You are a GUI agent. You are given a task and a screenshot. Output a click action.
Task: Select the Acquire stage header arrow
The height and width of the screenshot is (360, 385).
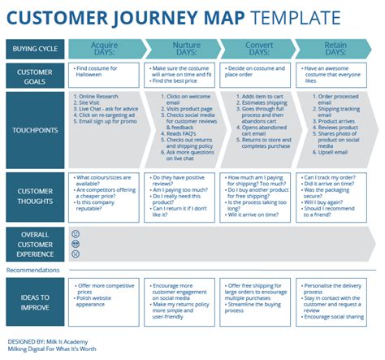pyautogui.click(x=104, y=50)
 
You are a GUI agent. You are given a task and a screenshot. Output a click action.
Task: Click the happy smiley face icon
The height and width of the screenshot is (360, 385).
pyautogui.click(x=76, y=232)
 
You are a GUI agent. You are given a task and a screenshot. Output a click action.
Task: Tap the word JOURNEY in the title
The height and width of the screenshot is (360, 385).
pyautogui.click(x=154, y=16)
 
